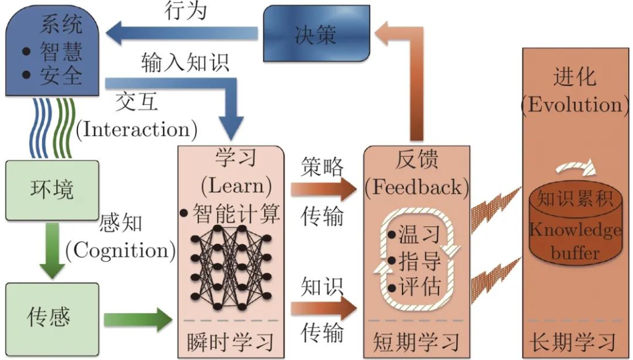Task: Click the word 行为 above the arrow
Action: click(186, 10)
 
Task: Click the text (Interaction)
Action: click(137, 129)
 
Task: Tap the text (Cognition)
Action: click(120, 251)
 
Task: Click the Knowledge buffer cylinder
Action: click(574, 226)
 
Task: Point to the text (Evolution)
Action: click(575, 105)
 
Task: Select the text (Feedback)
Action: click(417, 187)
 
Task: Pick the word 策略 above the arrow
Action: click(323, 167)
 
